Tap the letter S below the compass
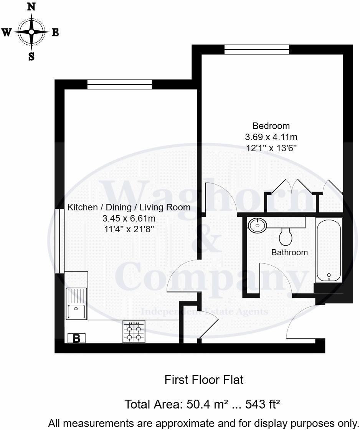31,57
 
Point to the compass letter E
55,33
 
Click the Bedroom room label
271,126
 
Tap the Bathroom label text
289,253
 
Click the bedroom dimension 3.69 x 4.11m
271,137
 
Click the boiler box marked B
76,338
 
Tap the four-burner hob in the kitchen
134,332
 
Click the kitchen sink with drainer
76,304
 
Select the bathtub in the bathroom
328,250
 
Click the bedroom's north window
256,49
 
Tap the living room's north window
119,84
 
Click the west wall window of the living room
59,241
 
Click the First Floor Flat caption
203,380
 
